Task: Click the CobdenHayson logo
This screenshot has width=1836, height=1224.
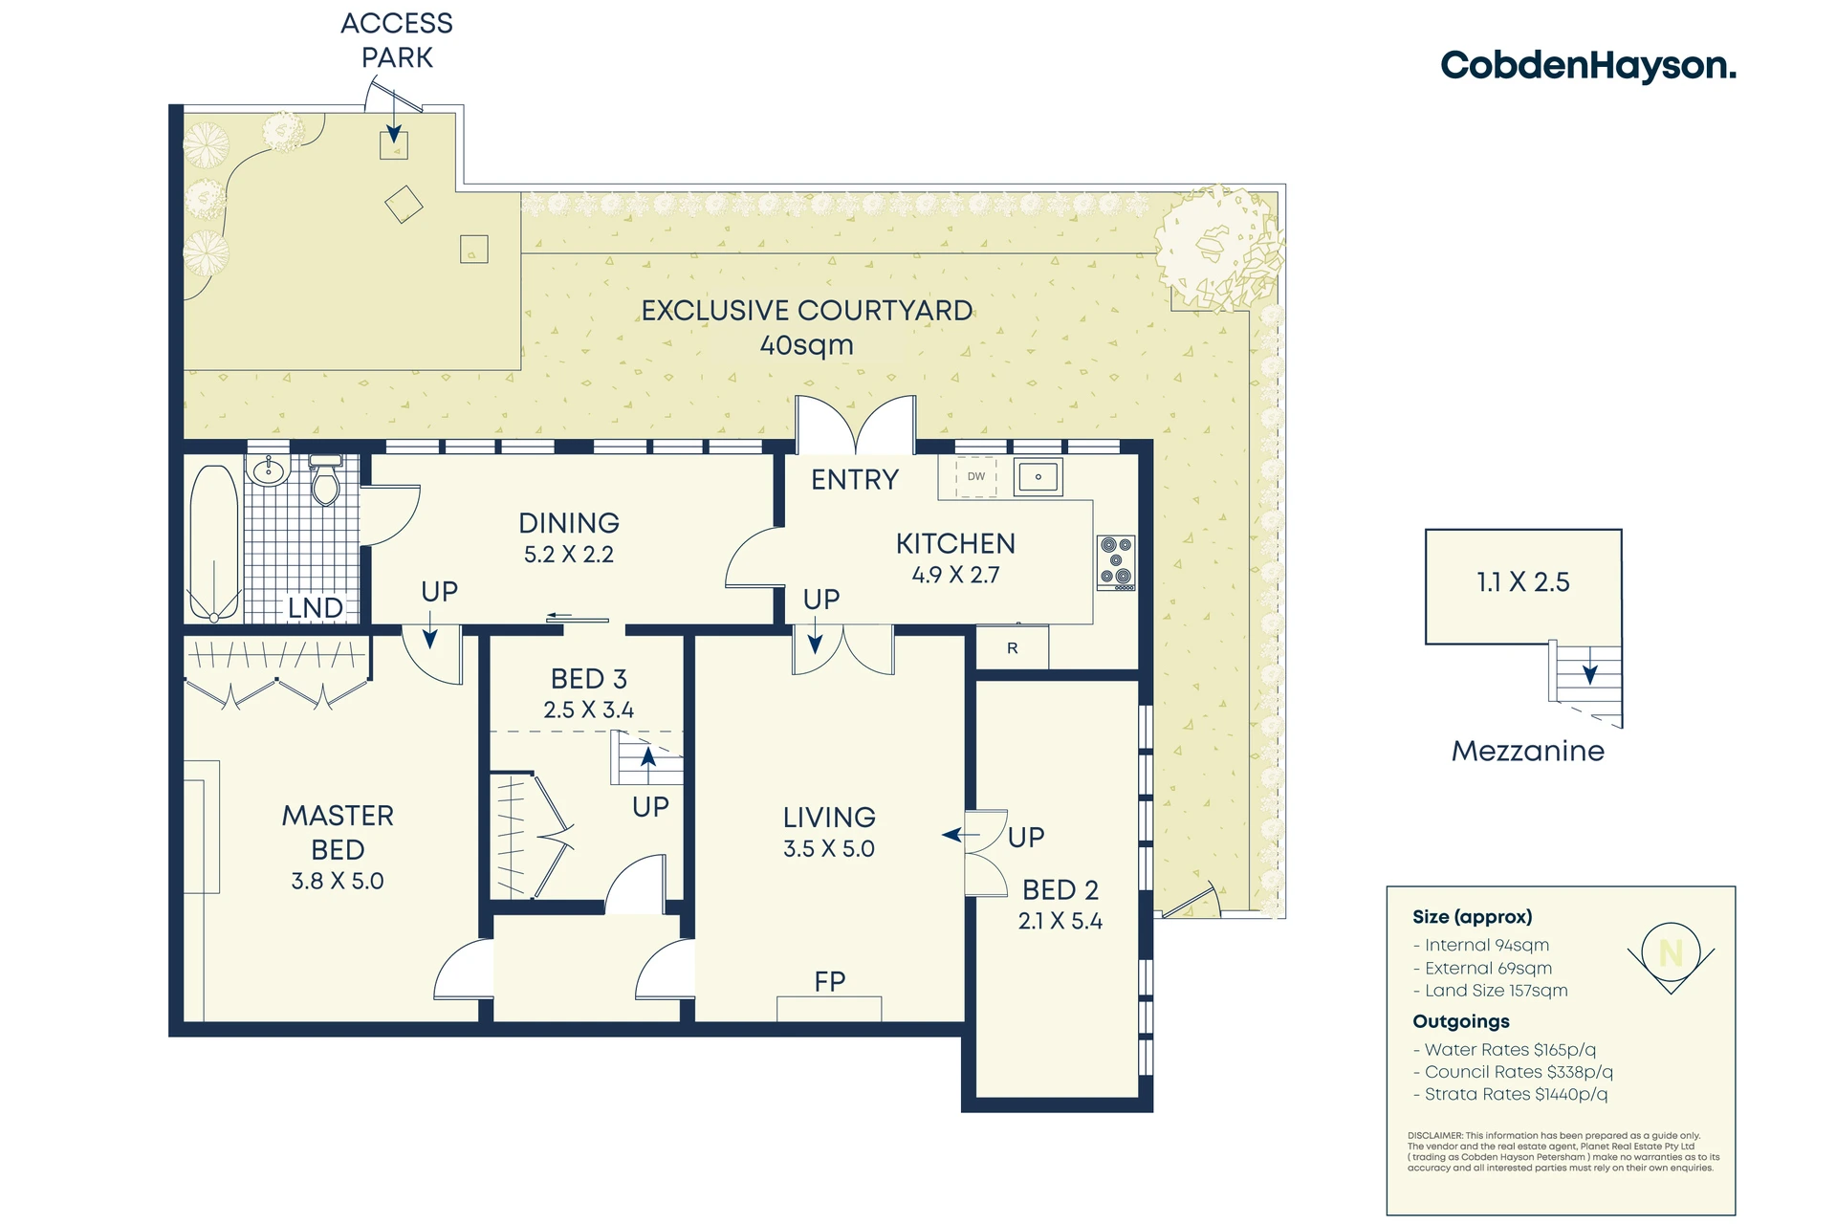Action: click(x=1588, y=66)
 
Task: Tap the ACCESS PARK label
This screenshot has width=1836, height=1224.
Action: click(x=397, y=40)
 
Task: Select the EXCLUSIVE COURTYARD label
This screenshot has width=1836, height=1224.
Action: click(x=807, y=311)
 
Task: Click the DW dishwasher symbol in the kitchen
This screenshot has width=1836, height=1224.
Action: click(x=976, y=476)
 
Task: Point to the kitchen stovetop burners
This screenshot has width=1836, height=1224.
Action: click(x=1116, y=562)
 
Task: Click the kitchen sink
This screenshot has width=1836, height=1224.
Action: click(x=1038, y=476)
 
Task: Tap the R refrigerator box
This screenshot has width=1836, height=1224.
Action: click(x=1013, y=648)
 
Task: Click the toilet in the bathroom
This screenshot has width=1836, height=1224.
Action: click(x=326, y=480)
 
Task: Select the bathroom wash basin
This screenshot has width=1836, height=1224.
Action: click(x=269, y=470)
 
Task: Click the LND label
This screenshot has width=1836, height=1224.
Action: click(x=316, y=607)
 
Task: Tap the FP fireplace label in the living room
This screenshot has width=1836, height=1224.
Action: click(x=830, y=981)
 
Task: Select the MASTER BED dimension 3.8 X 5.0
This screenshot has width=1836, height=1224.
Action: click(x=338, y=881)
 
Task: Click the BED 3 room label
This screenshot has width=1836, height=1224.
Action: click(x=589, y=679)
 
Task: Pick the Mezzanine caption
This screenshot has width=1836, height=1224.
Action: click(x=1528, y=752)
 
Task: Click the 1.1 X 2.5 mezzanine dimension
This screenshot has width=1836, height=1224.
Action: click(x=1523, y=582)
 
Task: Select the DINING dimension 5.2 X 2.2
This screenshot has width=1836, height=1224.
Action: click(x=569, y=555)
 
